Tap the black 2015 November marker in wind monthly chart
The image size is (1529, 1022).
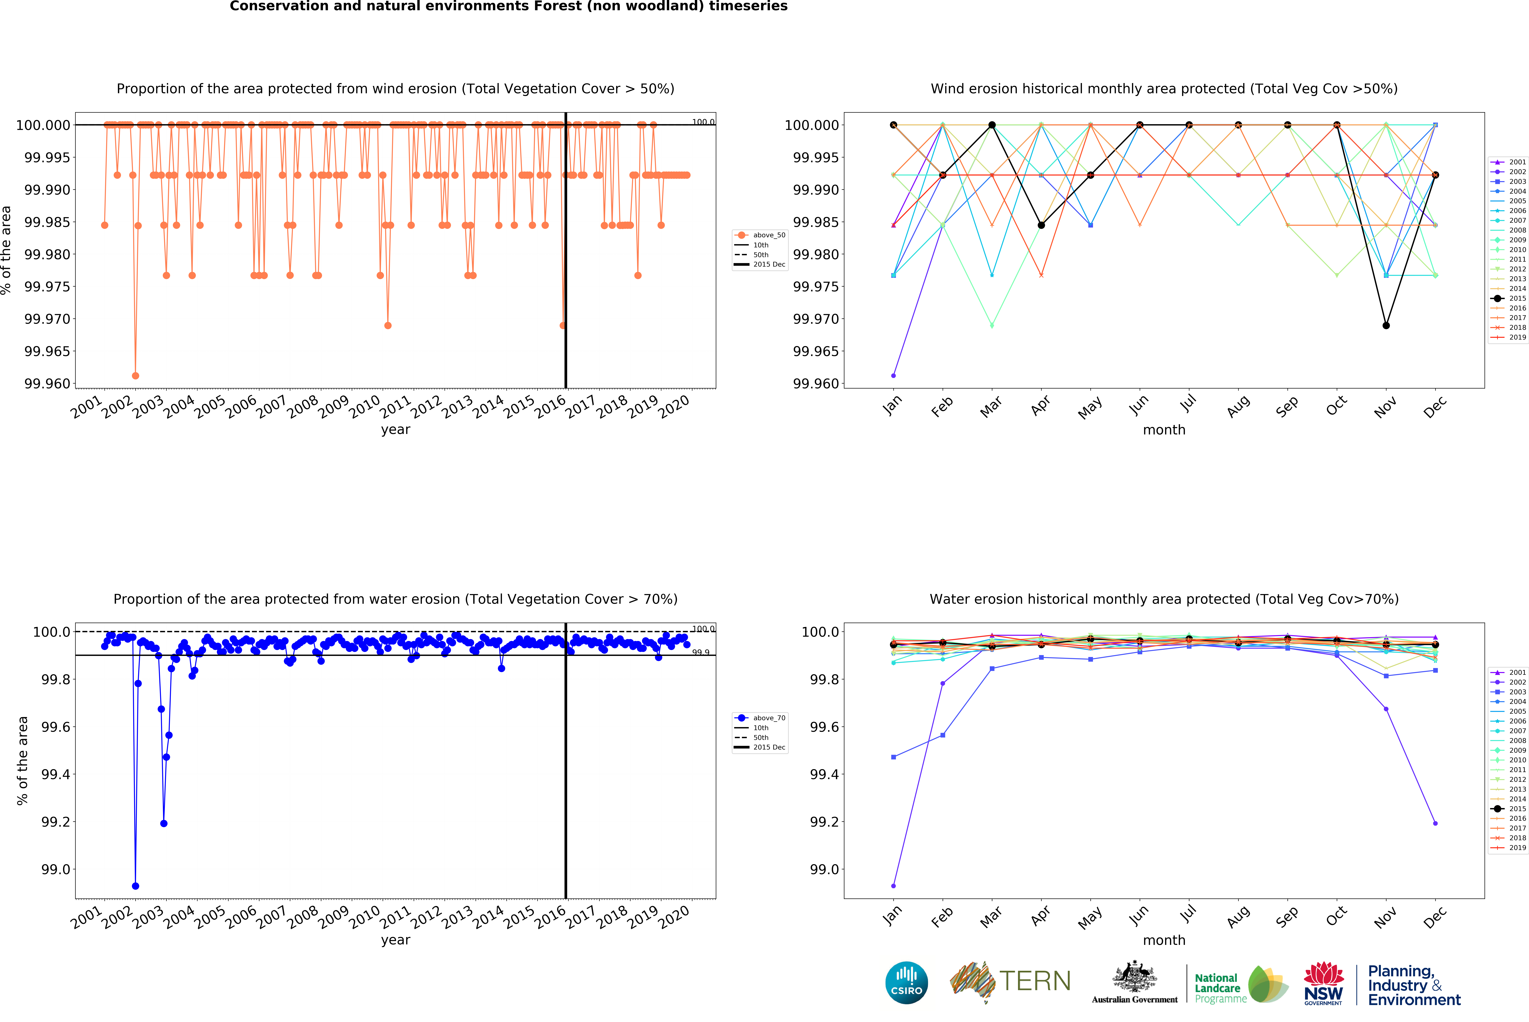coord(1386,325)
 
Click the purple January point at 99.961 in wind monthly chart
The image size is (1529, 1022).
coord(893,375)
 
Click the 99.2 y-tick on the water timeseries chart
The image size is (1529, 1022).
coord(55,822)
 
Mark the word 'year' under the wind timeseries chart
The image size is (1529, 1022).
coord(395,429)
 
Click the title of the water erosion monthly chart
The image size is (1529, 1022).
coord(1164,599)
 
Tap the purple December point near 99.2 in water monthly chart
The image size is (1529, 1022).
coord(1435,823)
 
